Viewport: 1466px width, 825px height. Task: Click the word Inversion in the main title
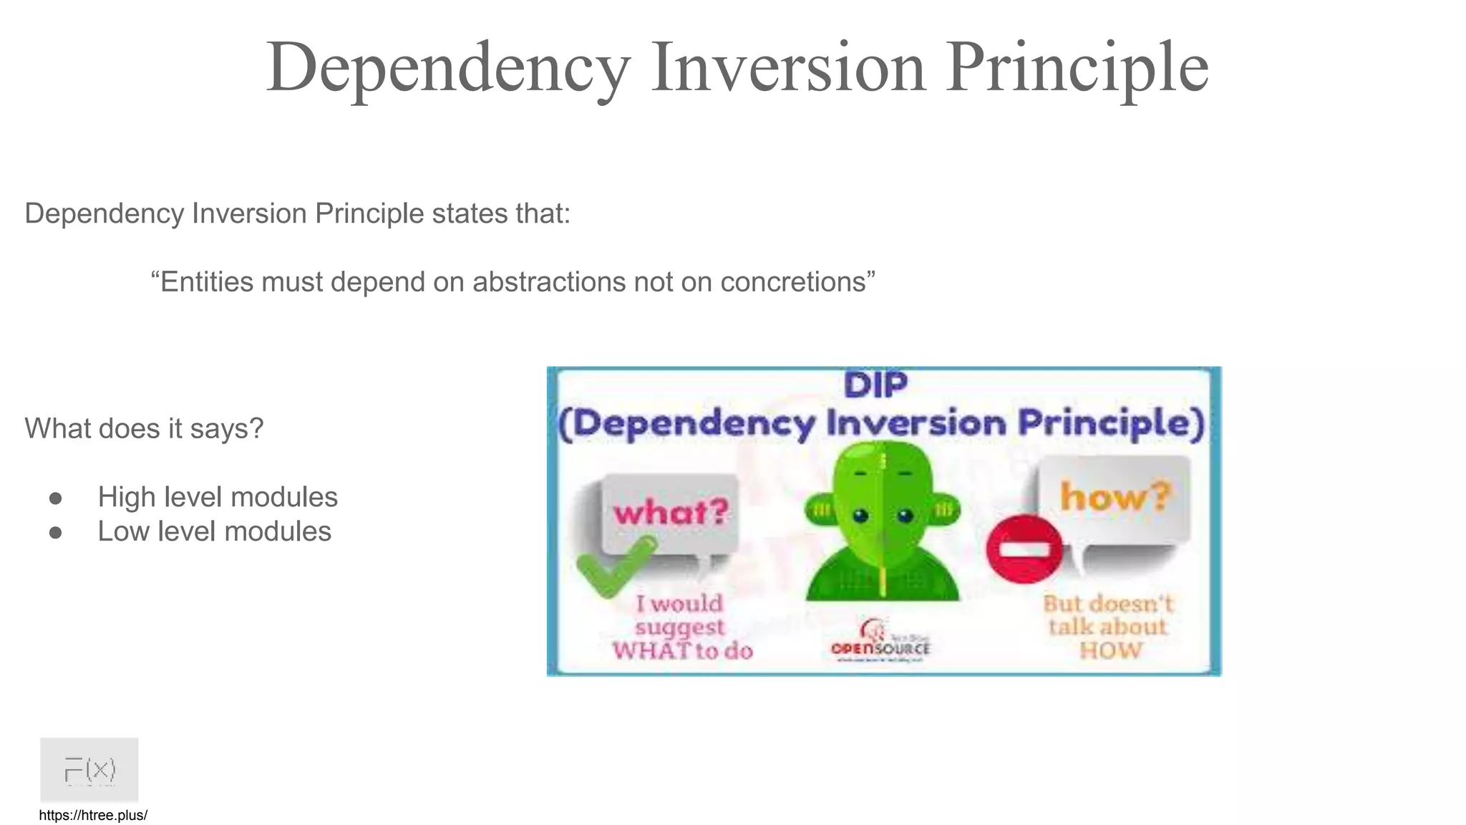point(788,67)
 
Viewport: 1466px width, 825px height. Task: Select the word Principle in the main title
point(1077,67)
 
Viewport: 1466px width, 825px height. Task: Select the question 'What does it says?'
point(144,428)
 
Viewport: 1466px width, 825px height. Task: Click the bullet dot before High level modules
point(56,498)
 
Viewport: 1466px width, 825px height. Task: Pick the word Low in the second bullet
point(124,531)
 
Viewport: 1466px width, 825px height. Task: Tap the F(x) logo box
point(89,769)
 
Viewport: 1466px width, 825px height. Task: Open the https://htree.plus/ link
point(93,815)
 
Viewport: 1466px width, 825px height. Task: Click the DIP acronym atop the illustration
point(875,385)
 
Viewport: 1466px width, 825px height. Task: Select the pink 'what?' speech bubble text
point(671,512)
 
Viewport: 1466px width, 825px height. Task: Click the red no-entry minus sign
point(1024,549)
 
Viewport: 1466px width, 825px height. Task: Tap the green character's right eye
point(906,514)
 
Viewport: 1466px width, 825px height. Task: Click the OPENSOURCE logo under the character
point(880,642)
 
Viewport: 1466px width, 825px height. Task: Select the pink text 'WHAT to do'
point(682,651)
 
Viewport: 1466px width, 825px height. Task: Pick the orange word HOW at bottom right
point(1110,651)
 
